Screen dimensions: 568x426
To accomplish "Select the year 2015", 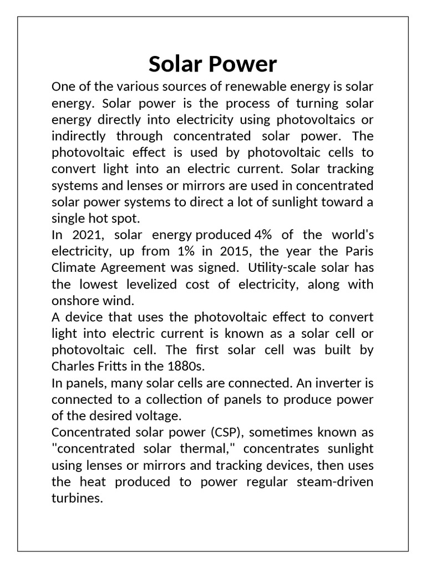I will pyautogui.click(x=238, y=251).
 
